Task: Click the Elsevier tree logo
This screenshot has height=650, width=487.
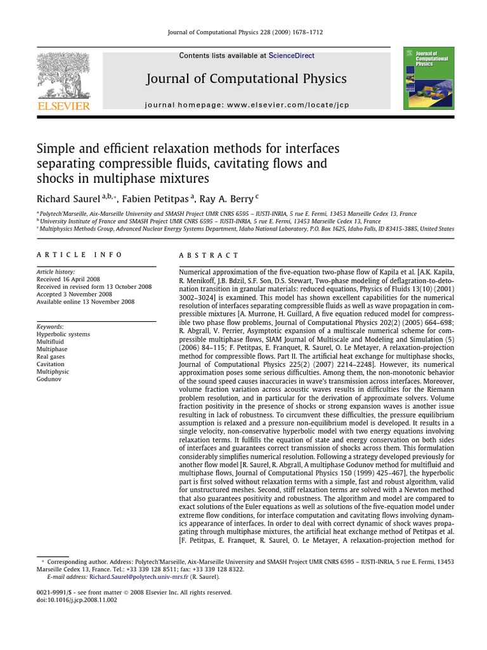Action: click(63, 75)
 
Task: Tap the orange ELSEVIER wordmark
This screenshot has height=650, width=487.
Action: click(63, 106)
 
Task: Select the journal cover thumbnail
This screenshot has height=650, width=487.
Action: click(429, 77)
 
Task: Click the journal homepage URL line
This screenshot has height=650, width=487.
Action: click(247, 105)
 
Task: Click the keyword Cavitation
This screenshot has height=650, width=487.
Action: click(51, 364)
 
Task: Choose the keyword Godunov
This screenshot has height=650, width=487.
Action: click(49, 380)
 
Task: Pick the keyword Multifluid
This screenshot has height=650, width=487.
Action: click(51, 342)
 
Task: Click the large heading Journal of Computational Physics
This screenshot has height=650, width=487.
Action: click(246, 79)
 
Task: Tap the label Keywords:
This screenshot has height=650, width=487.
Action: click(51, 326)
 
